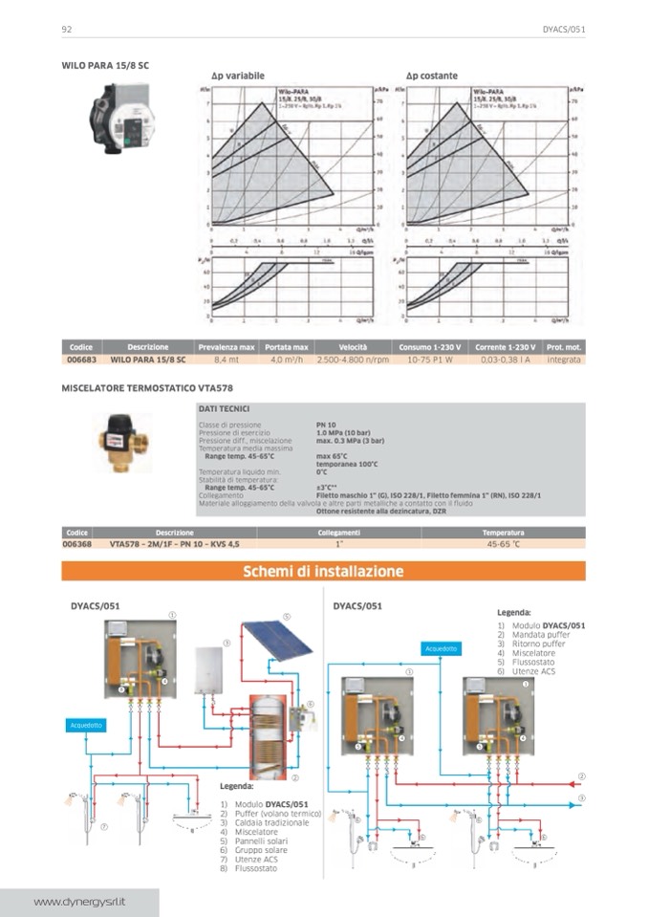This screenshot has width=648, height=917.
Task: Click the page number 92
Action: click(68, 30)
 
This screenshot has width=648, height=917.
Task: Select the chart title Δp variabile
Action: click(238, 76)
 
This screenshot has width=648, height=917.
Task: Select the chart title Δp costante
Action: click(432, 76)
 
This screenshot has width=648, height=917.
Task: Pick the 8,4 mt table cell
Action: click(227, 360)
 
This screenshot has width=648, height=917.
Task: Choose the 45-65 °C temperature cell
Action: click(503, 543)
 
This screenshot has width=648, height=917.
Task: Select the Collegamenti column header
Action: click(339, 532)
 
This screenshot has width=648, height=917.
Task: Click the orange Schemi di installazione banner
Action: click(324, 572)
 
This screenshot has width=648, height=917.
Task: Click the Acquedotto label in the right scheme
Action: click(443, 648)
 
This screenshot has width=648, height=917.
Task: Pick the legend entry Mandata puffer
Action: click(539, 634)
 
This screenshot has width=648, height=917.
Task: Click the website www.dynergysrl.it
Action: click(80, 902)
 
